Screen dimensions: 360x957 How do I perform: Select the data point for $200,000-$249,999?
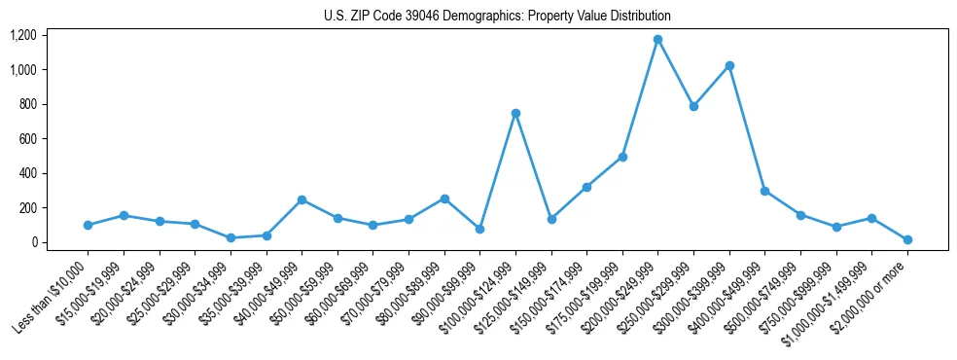(657, 40)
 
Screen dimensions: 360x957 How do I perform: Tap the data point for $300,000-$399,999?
(729, 66)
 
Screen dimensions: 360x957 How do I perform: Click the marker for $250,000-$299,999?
(693, 106)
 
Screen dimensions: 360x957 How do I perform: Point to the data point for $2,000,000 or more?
(907, 239)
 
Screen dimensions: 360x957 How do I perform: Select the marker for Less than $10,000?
(88, 225)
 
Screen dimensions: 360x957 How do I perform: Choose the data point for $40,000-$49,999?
(301, 199)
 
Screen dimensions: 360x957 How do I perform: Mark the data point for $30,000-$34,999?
(230, 237)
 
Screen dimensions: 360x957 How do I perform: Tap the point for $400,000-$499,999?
(764, 191)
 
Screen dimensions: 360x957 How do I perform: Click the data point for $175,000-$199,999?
(622, 157)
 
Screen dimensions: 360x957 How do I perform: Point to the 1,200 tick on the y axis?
(22, 35)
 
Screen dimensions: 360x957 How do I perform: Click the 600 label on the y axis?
(27, 139)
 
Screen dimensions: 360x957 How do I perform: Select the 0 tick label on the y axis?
(33, 242)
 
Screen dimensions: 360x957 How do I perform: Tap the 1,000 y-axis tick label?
(22, 70)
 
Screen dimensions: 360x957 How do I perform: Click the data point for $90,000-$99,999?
(479, 229)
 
